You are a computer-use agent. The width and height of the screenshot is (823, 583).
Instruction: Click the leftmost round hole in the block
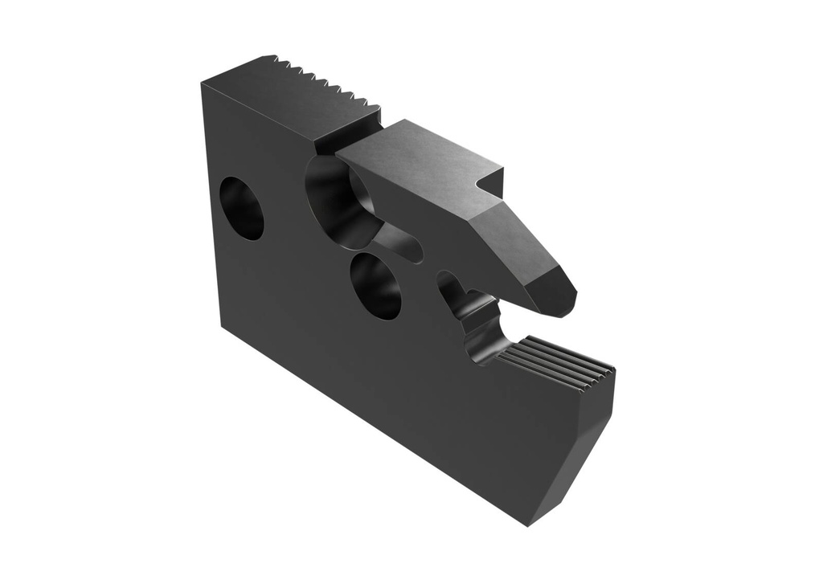pos(242,208)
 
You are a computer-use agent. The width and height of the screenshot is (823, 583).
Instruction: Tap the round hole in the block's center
pos(376,286)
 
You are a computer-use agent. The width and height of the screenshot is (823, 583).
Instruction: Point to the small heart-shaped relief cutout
pos(450,287)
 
